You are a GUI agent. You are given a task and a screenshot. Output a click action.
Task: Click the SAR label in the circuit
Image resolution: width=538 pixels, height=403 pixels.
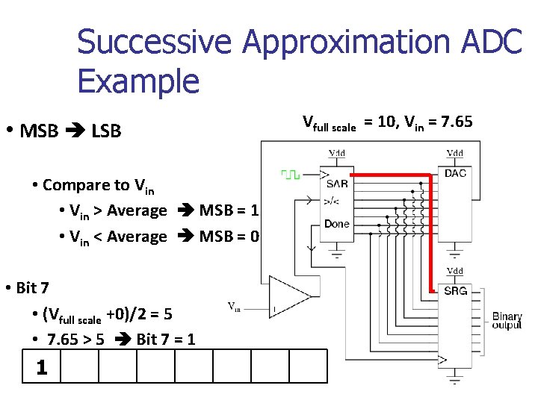pos(337,184)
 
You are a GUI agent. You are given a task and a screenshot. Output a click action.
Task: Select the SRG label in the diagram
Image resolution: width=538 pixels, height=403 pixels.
pos(455,290)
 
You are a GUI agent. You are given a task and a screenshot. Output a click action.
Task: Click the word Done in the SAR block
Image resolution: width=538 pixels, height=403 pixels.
pos(337,224)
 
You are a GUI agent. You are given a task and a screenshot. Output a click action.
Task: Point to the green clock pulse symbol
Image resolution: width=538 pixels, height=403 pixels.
pos(290,175)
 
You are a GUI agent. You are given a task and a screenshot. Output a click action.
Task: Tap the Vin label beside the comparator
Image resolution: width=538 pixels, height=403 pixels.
pos(234,305)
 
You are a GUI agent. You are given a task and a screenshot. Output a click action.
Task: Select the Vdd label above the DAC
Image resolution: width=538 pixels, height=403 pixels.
pos(454,153)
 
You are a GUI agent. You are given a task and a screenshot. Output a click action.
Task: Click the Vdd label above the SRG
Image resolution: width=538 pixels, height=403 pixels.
pos(454,271)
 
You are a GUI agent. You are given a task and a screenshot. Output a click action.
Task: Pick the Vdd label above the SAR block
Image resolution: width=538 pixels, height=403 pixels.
pos(338,153)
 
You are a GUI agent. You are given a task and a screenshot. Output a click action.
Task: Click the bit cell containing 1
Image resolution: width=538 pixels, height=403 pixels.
pos(42,368)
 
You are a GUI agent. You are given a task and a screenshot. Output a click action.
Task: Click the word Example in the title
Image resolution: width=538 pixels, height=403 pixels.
pos(138,80)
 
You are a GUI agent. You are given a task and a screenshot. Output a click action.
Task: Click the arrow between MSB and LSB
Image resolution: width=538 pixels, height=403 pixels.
pos(75,132)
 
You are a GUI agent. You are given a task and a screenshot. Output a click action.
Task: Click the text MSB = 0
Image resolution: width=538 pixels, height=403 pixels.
pos(229,237)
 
